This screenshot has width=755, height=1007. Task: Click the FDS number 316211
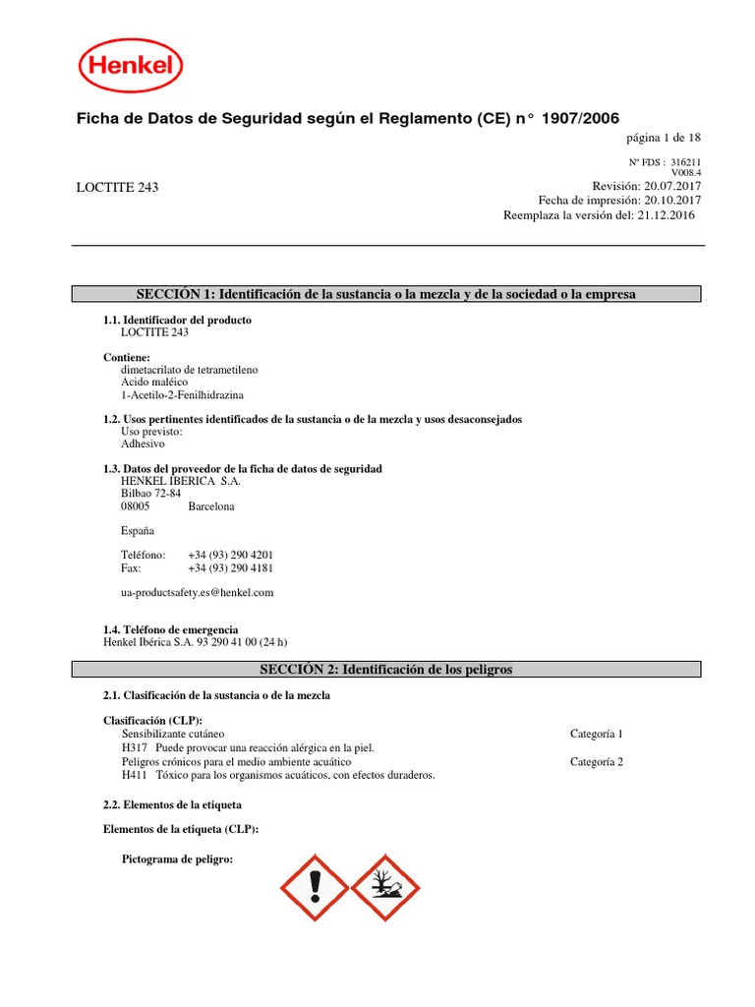point(686,162)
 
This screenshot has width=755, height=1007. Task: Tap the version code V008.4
point(686,172)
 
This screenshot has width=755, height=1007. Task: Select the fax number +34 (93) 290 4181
point(230,568)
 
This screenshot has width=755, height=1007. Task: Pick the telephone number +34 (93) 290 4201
point(230,555)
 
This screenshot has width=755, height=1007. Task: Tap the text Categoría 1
point(596,734)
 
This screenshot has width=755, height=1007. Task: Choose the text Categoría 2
point(596,761)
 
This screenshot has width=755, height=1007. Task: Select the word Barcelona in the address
point(211,507)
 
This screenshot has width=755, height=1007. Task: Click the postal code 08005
point(136,507)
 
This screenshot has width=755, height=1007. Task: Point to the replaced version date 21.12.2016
point(672,214)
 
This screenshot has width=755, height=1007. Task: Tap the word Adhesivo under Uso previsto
point(144,444)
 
